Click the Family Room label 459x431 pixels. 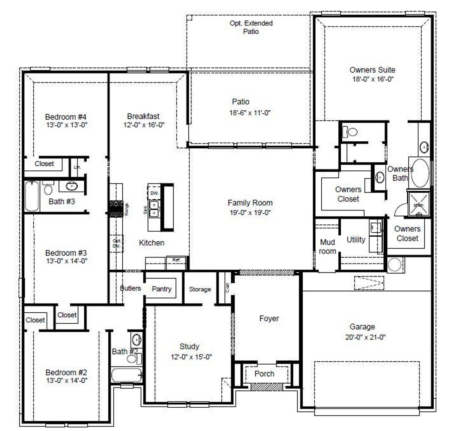250,203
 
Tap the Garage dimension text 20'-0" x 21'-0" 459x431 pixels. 365,337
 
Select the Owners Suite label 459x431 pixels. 372,70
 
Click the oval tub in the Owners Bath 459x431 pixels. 420,173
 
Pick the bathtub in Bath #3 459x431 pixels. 32,196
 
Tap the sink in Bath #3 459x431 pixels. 72,186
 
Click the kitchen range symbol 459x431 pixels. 116,209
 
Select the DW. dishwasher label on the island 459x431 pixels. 154,193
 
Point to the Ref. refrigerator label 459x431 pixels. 176,260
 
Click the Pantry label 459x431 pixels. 161,289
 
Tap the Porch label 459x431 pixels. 264,374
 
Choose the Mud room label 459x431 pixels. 327,247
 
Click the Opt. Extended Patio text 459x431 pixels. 251,27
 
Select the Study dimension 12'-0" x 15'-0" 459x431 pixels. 191,357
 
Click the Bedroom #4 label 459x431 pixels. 66,117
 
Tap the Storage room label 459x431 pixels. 200,289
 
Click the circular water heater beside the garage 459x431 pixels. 394,265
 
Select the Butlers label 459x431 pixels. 130,288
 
